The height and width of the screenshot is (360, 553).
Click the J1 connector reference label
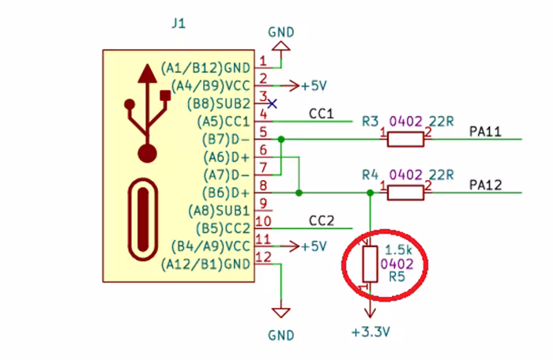(x=179, y=24)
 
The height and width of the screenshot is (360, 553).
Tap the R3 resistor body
(x=405, y=139)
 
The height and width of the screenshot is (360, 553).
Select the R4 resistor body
(x=405, y=193)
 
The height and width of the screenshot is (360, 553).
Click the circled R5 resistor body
(x=370, y=264)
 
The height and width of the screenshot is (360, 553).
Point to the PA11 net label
(x=485, y=132)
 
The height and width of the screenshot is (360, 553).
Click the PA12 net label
(x=485, y=185)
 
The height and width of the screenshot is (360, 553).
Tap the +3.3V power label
(x=371, y=332)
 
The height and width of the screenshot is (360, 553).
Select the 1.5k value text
(x=398, y=249)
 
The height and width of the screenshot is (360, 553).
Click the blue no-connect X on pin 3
(x=272, y=103)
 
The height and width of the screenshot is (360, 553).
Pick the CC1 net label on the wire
(x=321, y=114)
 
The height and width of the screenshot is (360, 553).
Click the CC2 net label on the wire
(x=321, y=220)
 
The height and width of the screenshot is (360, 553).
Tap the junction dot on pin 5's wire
(x=281, y=140)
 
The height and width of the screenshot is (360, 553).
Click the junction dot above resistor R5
(x=370, y=193)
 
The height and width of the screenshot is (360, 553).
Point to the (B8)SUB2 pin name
(x=218, y=104)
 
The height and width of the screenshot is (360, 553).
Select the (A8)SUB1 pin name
(x=219, y=211)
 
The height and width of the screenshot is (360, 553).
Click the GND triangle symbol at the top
(x=281, y=47)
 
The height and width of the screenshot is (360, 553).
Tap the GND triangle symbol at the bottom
(x=281, y=313)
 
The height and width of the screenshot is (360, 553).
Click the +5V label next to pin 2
(x=314, y=86)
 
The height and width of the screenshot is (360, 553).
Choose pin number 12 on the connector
(x=263, y=257)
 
